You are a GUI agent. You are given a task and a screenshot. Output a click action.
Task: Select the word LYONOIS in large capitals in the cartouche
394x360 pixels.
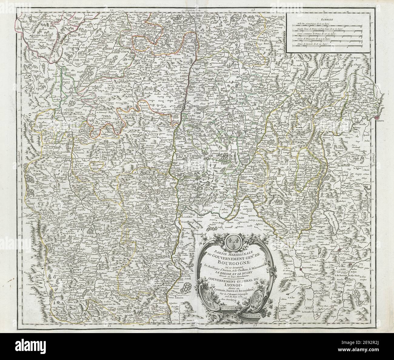click(231, 284)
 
